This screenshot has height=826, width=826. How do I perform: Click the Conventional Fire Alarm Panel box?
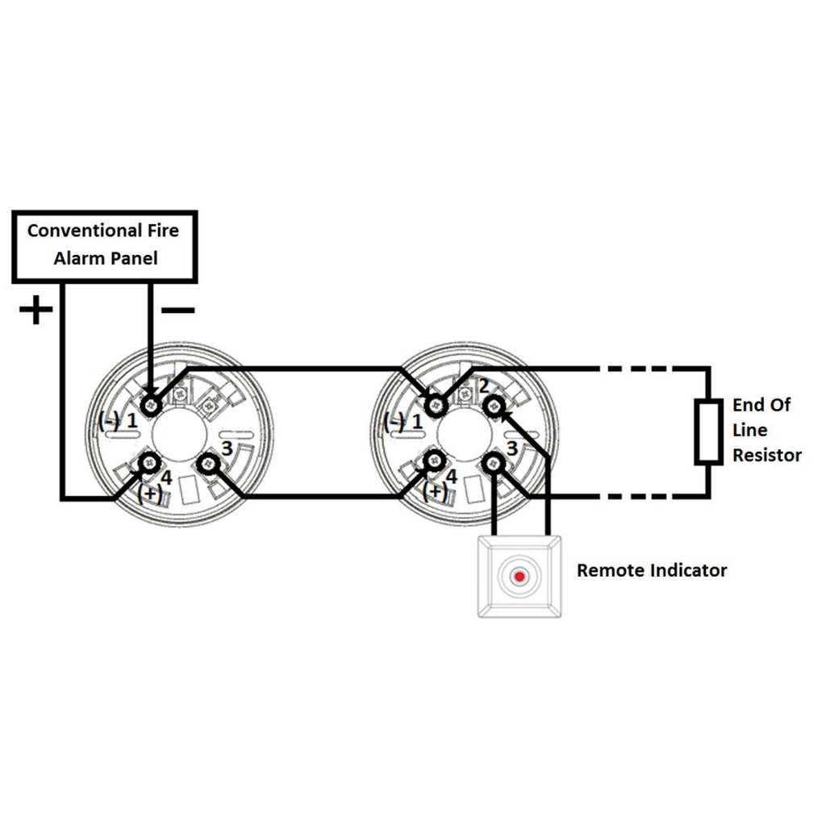point(104,246)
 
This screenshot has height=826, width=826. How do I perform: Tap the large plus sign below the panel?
point(35,311)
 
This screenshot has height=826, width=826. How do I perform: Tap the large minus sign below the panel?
point(177,310)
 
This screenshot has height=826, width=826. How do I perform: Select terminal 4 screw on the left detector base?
point(149,462)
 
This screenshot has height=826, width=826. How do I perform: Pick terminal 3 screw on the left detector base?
point(209,463)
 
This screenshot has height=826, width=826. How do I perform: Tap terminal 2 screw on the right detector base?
point(494,407)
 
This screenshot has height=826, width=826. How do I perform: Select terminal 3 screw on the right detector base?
point(494,463)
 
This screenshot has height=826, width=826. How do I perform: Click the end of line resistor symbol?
point(708,432)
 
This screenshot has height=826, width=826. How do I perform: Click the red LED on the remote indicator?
point(519,577)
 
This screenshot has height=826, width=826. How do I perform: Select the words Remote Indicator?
point(651,571)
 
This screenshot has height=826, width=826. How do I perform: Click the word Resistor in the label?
point(766,455)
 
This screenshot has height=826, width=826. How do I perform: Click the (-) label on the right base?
point(394,421)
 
